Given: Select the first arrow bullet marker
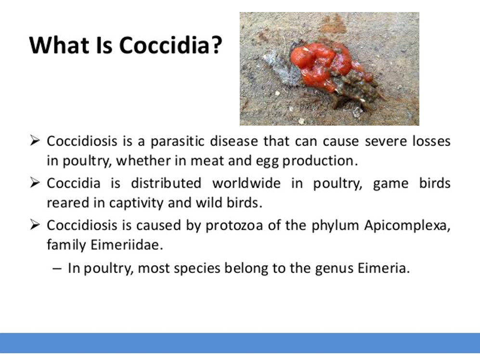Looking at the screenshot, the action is [x=35, y=141].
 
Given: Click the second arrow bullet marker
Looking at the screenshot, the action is [x=35, y=183].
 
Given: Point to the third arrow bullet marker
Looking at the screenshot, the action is [x=35, y=225].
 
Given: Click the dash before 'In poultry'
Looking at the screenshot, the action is [x=57, y=269].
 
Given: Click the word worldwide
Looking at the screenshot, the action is [x=246, y=183].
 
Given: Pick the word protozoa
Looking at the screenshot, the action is [x=234, y=226].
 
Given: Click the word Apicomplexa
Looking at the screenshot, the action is [x=407, y=226].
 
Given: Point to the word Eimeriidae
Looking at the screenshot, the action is [x=127, y=244].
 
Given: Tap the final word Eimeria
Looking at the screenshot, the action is [x=384, y=268].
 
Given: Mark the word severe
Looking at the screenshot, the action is [x=386, y=141].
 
